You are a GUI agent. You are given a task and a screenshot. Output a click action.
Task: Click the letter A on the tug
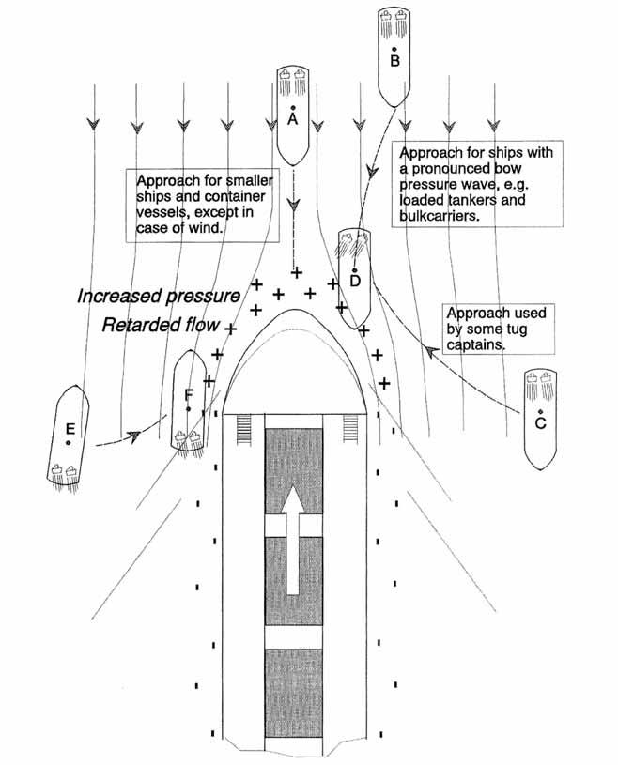pos(293,120)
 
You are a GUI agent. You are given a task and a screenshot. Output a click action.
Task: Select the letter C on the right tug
pos(540,424)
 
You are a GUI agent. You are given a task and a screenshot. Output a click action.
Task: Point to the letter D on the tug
pos(354,281)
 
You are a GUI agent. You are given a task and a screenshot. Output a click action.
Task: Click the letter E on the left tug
pos(70,432)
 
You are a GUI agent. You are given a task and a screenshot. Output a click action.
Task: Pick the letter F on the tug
pos(190,395)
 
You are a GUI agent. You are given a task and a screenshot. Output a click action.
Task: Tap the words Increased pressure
pos(159,298)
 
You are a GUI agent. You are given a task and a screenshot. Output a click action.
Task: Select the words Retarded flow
pos(161,327)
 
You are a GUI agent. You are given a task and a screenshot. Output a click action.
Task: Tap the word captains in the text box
pos(477,344)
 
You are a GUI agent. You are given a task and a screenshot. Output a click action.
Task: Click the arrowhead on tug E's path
pos(135,435)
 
